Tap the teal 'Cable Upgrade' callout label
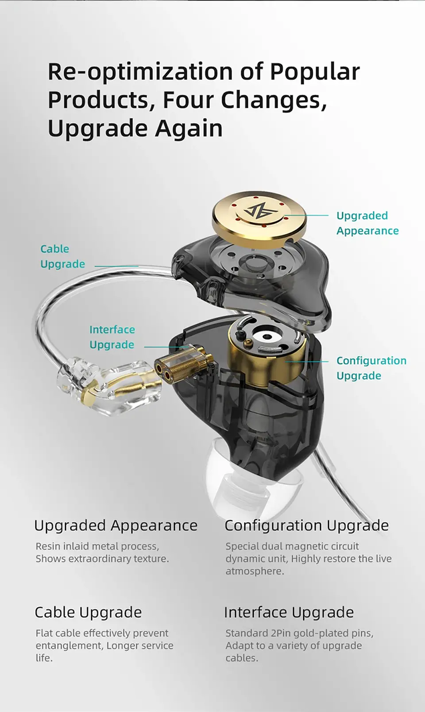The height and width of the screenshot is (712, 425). click(62, 257)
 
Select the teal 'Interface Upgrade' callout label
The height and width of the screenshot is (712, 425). click(112, 337)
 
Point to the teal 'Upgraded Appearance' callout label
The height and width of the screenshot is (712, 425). click(367, 223)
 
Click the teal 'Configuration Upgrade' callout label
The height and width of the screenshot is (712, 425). click(371, 368)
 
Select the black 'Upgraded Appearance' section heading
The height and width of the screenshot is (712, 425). click(116, 526)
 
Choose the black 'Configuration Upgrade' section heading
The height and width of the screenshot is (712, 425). click(307, 526)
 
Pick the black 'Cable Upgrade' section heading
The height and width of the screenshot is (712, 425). click(88, 613)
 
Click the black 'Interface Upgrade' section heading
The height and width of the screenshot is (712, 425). click(289, 613)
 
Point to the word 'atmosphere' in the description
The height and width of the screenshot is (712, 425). click(255, 571)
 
